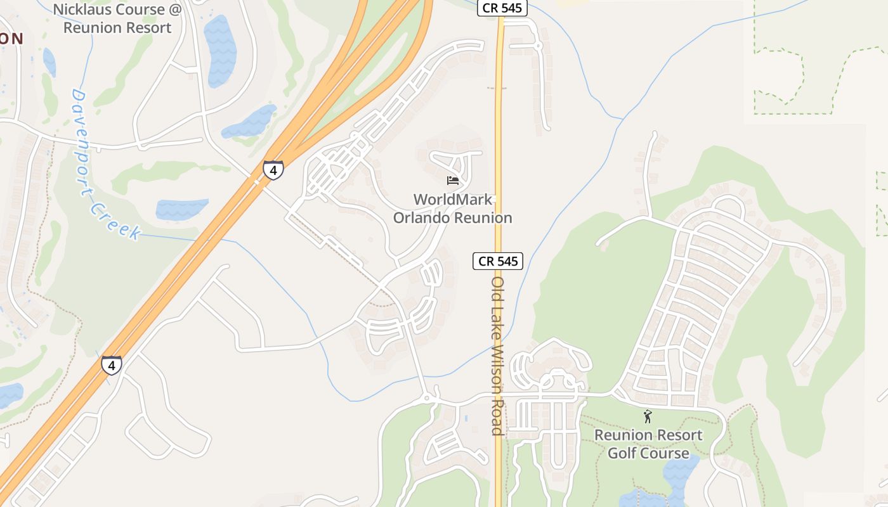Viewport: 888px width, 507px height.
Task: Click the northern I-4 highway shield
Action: point(273,170)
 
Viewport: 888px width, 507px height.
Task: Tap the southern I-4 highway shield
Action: point(112,365)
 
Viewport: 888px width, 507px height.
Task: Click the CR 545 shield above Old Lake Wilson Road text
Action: point(498,260)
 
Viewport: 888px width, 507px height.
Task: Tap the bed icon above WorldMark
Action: point(453,181)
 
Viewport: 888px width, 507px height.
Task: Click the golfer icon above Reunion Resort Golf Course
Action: point(648,416)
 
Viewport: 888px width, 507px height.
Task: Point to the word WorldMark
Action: point(453,200)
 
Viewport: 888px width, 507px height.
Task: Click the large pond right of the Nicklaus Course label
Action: point(219,51)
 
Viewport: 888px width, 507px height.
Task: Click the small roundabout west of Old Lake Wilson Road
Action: point(428,398)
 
